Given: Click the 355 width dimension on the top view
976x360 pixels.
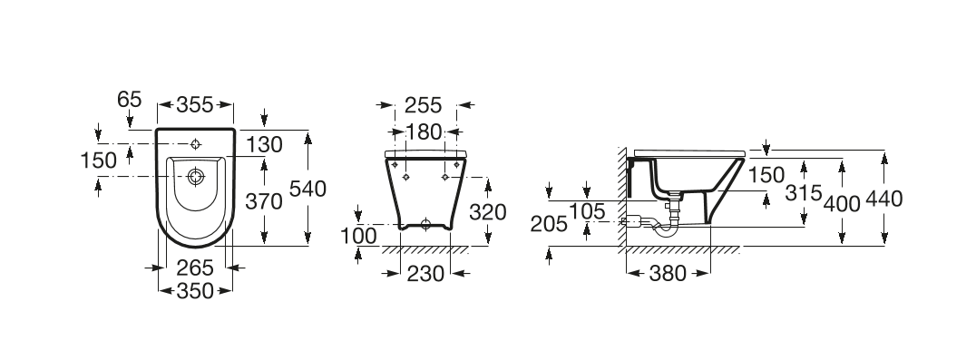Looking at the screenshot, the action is click(x=194, y=105).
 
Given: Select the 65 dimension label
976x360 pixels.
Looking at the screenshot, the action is click(x=130, y=100).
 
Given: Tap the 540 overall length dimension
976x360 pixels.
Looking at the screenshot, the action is click(x=308, y=189).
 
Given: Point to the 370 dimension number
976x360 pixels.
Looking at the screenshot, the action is click(x=264, y=201).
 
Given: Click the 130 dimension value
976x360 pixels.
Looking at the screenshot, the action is click(x=264, y=145).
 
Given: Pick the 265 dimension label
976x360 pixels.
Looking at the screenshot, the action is click(x=195, y=268).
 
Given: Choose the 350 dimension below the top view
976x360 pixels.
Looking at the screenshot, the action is click(x=195, y=290).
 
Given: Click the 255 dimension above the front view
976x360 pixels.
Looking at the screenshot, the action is click(x=424, y=106).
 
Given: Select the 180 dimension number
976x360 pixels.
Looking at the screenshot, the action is click(x=424, y=131).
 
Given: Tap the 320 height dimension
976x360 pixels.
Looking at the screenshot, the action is click(x=487, y=212).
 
